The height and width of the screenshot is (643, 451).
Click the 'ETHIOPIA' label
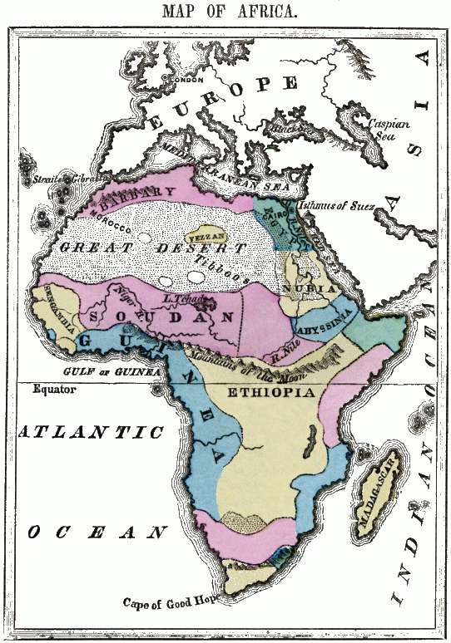point(275,391)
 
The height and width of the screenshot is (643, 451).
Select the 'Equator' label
point(54,389)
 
